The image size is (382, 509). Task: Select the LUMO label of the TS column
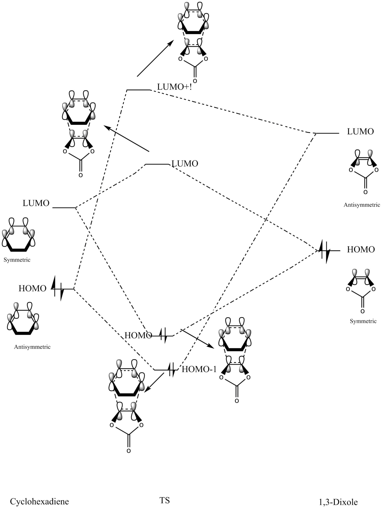[x=185, y=163]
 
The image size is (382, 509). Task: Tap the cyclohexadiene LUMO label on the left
[x=36, y=203]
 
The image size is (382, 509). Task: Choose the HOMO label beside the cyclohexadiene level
[x=32, y=288]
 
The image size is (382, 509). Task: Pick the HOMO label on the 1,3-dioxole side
[x=361, y=249]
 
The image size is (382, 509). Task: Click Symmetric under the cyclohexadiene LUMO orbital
[x=17, y=260]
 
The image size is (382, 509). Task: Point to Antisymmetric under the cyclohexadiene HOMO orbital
[x=32, y=347]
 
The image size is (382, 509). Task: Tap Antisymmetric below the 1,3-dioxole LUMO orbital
[x=362, y=205]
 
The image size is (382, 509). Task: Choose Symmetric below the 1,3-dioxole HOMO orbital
[x=363, y=321]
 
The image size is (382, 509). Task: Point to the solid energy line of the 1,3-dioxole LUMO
[x=327, y=133]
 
